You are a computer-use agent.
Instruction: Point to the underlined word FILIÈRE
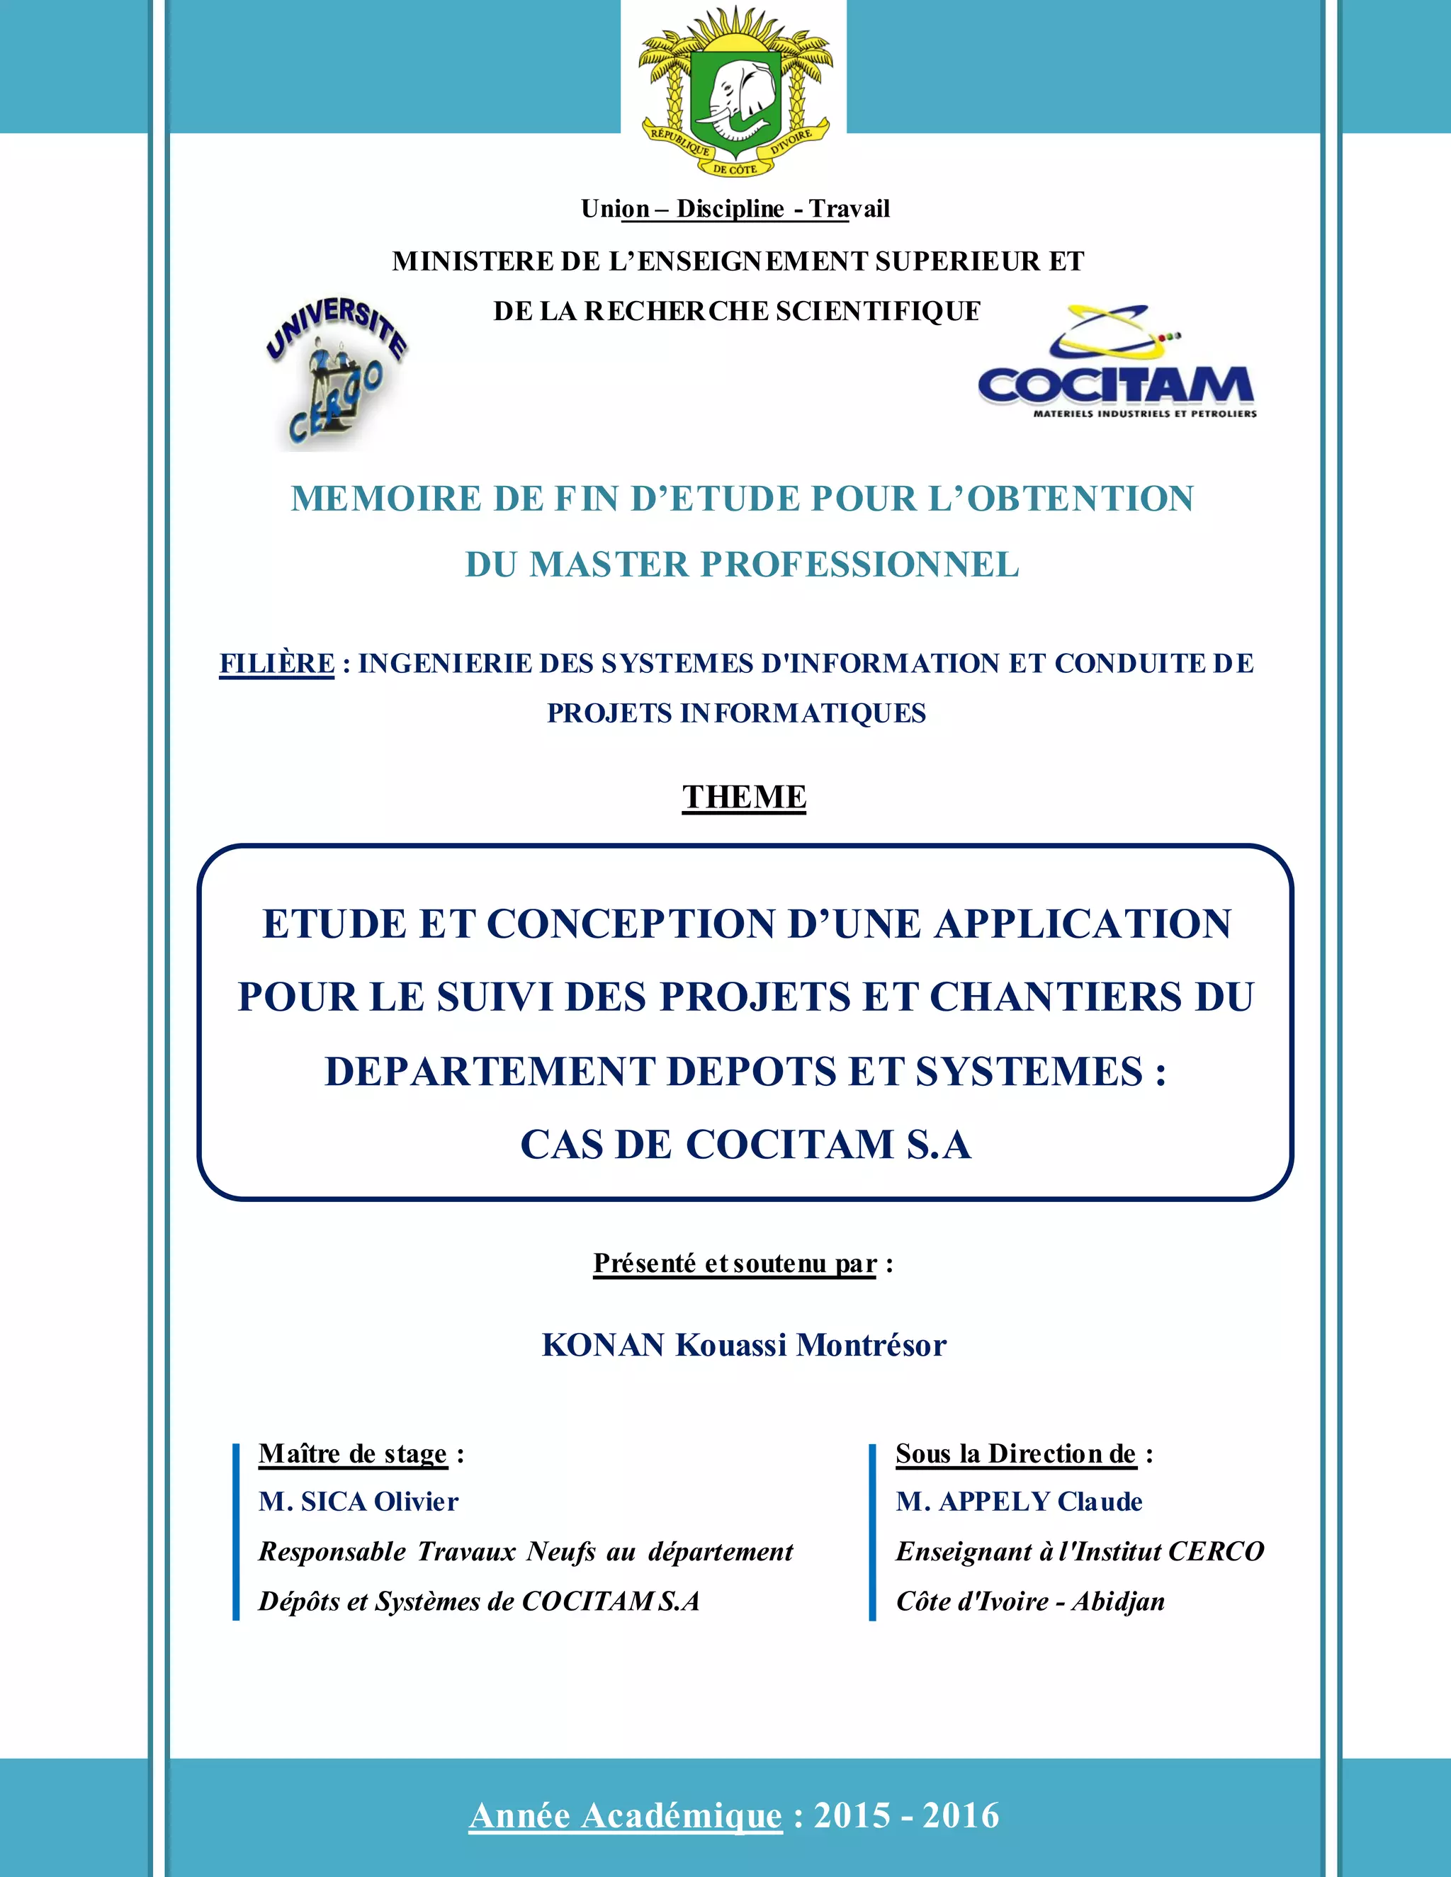tap(277, 664)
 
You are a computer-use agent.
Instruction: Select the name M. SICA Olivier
tap(358, 1502)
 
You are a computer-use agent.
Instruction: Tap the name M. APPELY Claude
tap(1019, 1502)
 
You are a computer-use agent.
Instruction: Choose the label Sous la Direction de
tap(1016, 1453)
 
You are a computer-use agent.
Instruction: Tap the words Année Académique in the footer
tap(625, 1816)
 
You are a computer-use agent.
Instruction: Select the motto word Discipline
tap(730, 209)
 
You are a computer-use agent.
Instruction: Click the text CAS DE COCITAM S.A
tap(745, 1145)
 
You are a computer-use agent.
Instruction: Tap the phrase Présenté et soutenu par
tap(734, 1264)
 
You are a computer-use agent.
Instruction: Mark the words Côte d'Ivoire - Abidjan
tap(1029, 1601)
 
